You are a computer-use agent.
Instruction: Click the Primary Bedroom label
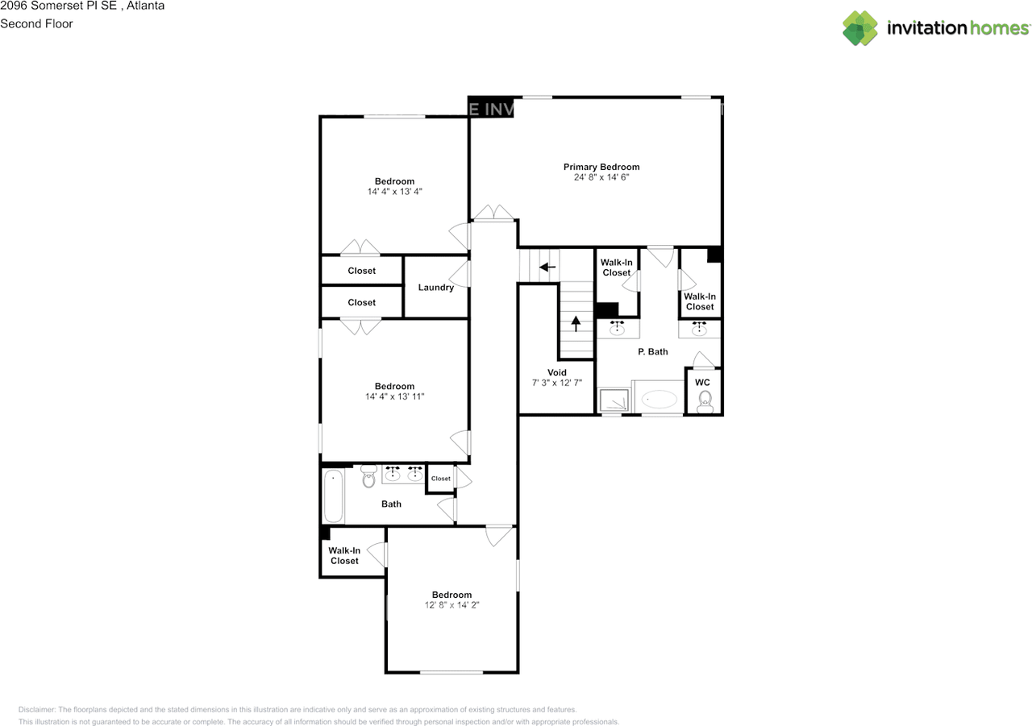[601, 167]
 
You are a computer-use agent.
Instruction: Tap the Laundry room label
[435, 288]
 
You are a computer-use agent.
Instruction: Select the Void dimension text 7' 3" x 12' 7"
[556, 384]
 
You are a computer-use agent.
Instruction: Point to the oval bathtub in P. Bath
[660, 399]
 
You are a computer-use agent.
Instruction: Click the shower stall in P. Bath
[614, 400]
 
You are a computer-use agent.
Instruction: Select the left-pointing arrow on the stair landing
[547, 267]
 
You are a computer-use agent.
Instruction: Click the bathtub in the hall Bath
[333, 496]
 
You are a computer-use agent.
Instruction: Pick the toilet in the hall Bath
[369, 476]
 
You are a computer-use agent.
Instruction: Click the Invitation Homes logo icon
[860, 28]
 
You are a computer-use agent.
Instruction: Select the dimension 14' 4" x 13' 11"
[394, 396]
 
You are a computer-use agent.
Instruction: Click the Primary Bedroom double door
[493, 213]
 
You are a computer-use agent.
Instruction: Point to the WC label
[702, 382]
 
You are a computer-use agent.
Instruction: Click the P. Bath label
[652, 352]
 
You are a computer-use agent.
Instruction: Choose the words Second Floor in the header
[36, 23]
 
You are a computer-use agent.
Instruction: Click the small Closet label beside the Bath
[440, 479]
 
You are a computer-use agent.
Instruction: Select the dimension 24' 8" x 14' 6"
[601, 177]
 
